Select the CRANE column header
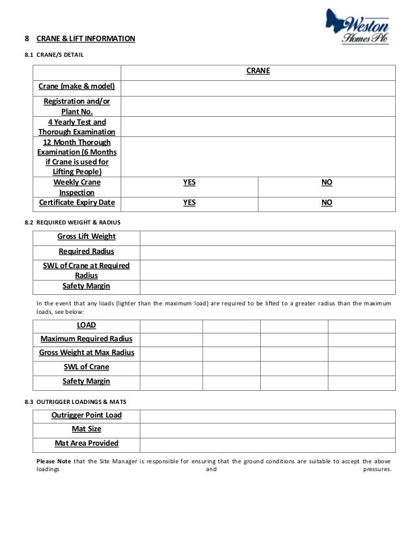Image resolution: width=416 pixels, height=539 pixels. click(258, 71)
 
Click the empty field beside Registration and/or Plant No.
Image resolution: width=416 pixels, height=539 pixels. click(258, 106)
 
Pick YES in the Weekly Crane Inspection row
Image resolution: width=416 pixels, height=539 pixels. click(189, 184)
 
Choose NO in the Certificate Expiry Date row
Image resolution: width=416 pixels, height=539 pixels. click(327, 202)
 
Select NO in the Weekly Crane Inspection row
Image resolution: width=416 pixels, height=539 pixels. click(327, 184)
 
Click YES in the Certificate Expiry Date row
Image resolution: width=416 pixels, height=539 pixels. click(189, 202)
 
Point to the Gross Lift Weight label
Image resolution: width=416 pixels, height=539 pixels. click(86, 236)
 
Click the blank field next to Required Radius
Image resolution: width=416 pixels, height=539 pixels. click(267, 251)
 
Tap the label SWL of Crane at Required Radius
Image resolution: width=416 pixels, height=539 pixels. click(86, 270)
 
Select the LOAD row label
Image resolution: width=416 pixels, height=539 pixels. click(86, 325)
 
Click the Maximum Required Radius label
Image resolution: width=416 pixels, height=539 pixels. click(86, 339)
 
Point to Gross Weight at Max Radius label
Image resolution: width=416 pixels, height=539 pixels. click(86, 352)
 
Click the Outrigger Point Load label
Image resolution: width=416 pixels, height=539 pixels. click(86, 415)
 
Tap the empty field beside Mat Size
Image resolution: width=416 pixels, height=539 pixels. click(267, 429)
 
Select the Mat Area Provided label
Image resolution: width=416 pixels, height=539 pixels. click(86, 443)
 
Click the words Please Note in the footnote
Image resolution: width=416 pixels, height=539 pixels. click(53, 461)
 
